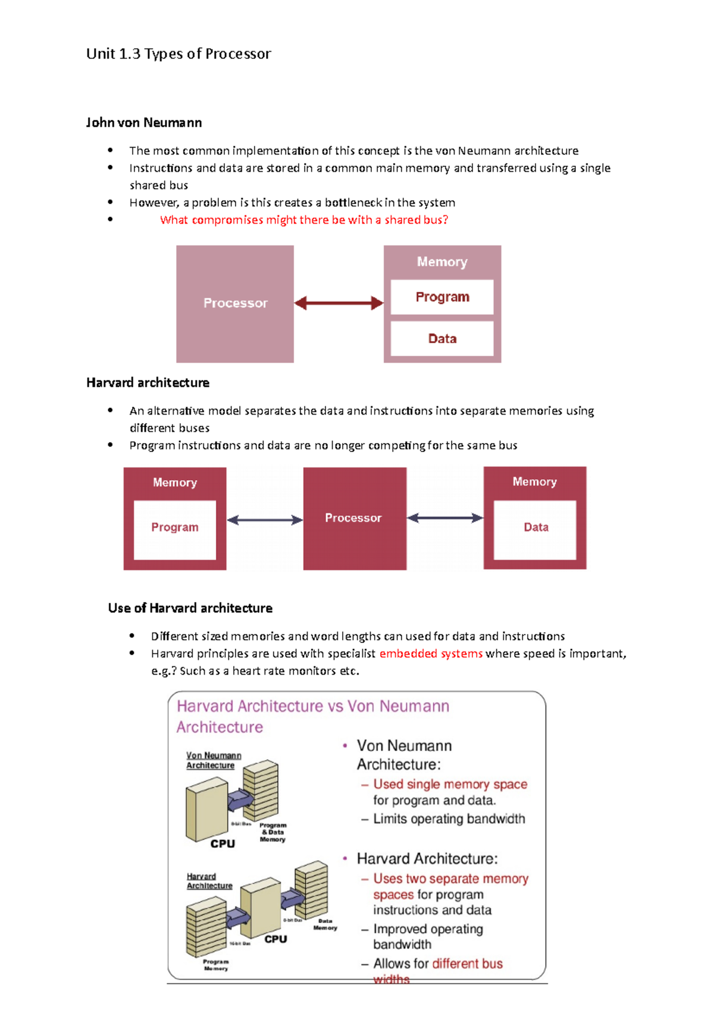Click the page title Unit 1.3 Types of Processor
click(x=178, y=54)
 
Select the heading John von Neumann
click(x=144, y=123)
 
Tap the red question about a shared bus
click(x=303, y=220)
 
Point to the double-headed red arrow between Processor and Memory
click(x=339, y=303)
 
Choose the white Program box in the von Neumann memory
click(x=442, y=297)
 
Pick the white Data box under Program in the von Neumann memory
click(x=442, y=338)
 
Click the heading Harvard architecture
click(x=148, y=382)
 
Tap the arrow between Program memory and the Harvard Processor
click(x=265, y=520)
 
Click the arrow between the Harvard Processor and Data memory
click(x=445, y=518)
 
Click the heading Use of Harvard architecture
click(x=190, y=608)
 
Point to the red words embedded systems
click(x=431, y=654)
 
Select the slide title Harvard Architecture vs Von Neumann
click(x=313, y=706)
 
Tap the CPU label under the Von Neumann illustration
click(x=223, y=843)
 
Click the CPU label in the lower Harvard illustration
click(x=275, y=939)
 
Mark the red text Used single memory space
click(x=450, y=785)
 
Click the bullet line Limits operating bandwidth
click(x=449, y=819)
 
